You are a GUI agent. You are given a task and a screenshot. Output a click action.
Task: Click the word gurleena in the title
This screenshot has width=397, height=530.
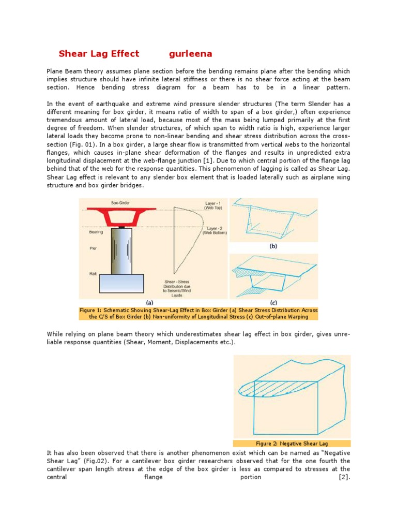click(191, 54)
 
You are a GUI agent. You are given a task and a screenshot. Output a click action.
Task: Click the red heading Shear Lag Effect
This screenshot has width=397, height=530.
click(99, 54)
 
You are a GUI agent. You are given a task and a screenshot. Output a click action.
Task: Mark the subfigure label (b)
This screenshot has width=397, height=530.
click(273, 246)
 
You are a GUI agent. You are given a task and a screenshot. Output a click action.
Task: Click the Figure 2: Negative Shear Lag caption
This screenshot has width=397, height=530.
click(292, 444)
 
